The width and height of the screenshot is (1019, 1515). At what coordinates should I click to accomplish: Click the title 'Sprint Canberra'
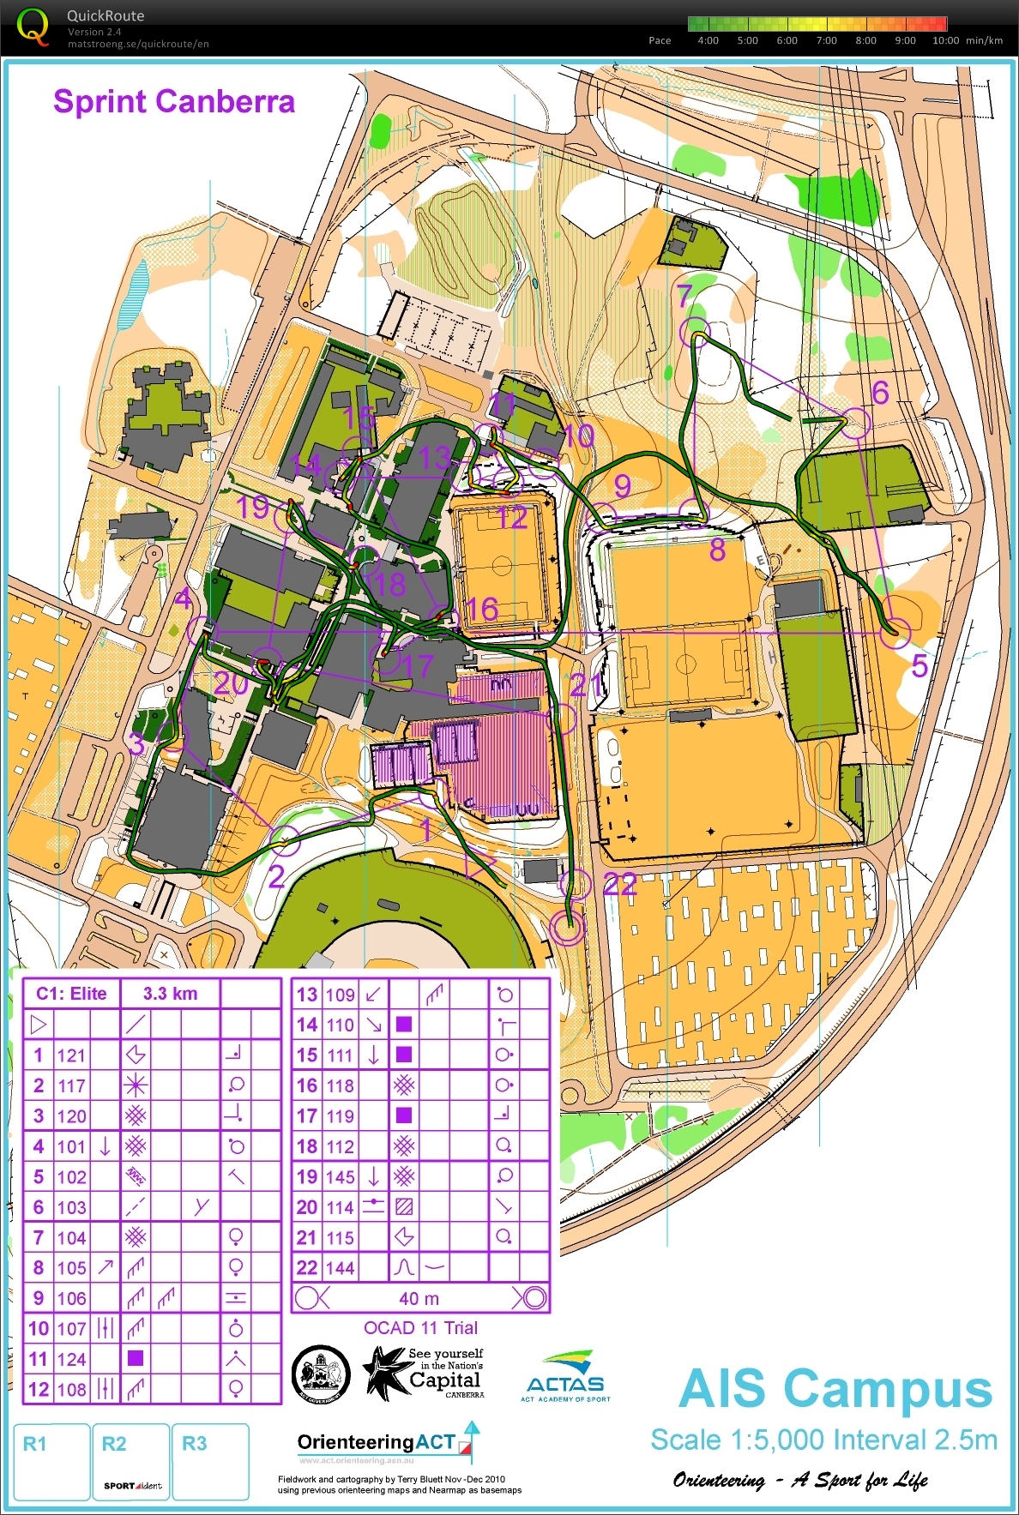(x=174, y=102)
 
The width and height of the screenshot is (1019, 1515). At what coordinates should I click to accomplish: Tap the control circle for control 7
(x=695, y=331)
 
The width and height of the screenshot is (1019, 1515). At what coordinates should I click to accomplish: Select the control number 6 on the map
(x=880, y=393)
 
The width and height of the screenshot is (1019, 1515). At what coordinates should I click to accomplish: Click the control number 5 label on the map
(x=920, y=666)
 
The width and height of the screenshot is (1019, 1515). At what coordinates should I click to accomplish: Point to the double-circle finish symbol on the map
(x=566, y=927)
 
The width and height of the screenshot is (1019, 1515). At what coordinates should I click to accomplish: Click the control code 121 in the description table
(x=72, y=1055)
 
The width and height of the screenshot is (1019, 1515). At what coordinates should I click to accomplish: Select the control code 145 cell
(x=340, y=1176)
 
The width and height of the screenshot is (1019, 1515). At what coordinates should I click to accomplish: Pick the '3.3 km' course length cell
(x=170, y=994)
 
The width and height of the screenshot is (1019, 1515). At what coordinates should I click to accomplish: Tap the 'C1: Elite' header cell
(x=71, y=994)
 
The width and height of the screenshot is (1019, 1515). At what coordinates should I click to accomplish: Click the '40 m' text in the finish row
(x=419, y=1299)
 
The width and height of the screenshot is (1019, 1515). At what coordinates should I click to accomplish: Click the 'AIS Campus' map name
(x=835, y=1390)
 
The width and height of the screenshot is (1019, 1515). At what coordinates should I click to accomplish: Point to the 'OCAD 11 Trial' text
(x=420, y=1328)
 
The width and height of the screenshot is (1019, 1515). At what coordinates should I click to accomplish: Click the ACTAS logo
(x=565, y=1377)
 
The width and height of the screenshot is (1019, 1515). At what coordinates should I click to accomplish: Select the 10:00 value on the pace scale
(x=945, y=40)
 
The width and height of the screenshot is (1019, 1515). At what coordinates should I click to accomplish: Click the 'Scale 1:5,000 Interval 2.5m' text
(x=823, y=1440)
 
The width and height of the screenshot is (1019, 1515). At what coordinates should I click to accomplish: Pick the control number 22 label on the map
(x=619, y=884)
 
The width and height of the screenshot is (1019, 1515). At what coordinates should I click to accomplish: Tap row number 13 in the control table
(x=306, y=995)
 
